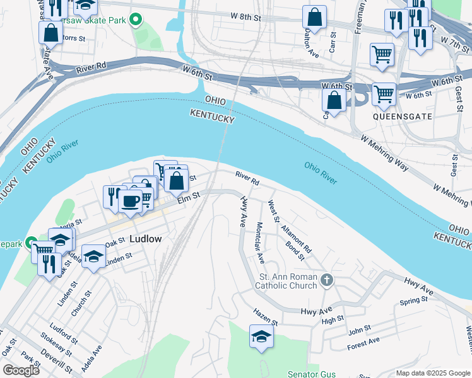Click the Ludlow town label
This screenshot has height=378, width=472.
pyautogui.click(x=145, y=239)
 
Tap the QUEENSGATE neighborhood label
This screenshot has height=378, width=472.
pyautogui.click(x=403, y=117)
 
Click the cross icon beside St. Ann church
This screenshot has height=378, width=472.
pyautogui.click(x=326, y=280)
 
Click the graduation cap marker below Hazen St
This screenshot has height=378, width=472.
pyautogui.click(x=261, y=337)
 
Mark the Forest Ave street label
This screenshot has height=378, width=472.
pyautogui.click(x=363, y=343)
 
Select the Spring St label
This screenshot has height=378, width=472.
pyautogui.click(x=414, y=302)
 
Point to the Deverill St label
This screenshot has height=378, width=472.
pyautogui.click(x=59, y=364)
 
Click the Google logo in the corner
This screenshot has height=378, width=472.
pyautogui.click(x=21, y=370)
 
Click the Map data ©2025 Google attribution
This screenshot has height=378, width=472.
pyautogui.click(x=432, y=373)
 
